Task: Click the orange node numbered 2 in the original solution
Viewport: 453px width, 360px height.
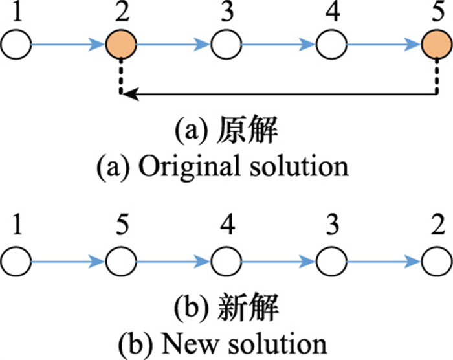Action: click(121, 45)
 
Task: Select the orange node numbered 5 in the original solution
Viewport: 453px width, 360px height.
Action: click(434, 45)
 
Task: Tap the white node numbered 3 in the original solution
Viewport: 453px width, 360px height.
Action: click(226, 45)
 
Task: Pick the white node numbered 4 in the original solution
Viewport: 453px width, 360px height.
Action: click(330, 45)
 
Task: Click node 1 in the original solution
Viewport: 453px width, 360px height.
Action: click(16, 45)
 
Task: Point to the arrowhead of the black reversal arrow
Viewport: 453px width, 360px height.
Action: click(127, 95)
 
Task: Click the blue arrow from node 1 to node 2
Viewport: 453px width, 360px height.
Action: click(68, 45)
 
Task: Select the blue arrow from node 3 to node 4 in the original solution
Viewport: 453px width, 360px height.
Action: click(278, 45)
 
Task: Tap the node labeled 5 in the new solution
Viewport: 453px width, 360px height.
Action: click(121, 262)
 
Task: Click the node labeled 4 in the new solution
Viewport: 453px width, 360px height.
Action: click(226, 262)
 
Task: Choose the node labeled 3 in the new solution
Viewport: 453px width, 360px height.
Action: click(330, 262)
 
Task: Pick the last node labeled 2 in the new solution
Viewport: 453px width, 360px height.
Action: click(434, 262)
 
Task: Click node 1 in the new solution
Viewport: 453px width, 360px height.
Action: click(16, 262)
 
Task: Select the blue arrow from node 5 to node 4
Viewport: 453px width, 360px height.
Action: click(173, 262)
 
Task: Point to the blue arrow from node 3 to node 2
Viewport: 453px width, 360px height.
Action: click(382, 262)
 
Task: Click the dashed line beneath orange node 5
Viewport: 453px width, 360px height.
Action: click(434, 76)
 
